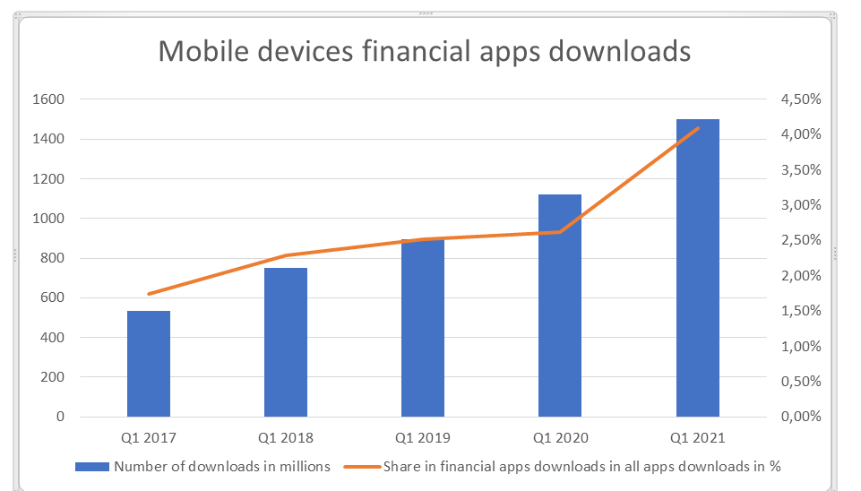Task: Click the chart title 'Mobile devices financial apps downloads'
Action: pyautogui.click(x=425, y=50)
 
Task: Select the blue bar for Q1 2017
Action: pyautogui.click(x=149, y=364)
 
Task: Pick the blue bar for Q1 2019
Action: pyautogui.click(x=423, y=332)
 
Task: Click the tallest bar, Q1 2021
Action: pyautogui.click(x=697, y=268)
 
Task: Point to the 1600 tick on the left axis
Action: pyautogui.click(x=50, y=99)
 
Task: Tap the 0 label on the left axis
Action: pyautogui.click(x=60, y=417)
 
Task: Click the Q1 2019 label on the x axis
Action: pyautogui.click(x=423, y=438)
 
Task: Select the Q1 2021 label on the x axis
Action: pyautogui.click(x=697, y=438)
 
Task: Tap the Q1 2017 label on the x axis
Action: pyautogui.click(x=149, y=438)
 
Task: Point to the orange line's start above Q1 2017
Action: pyautogui.click(x=149, y=294)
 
